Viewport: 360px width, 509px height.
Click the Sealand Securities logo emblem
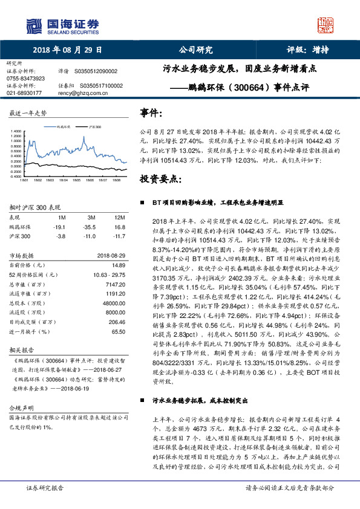click(33, 25)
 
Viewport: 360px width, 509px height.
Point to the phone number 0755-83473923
click(25, 79)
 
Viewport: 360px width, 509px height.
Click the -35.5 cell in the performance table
click(91, 227)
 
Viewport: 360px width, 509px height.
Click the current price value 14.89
click(118, 265)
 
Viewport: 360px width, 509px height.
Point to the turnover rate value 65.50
click(118, 332)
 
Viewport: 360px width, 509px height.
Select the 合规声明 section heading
click(22, 408)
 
